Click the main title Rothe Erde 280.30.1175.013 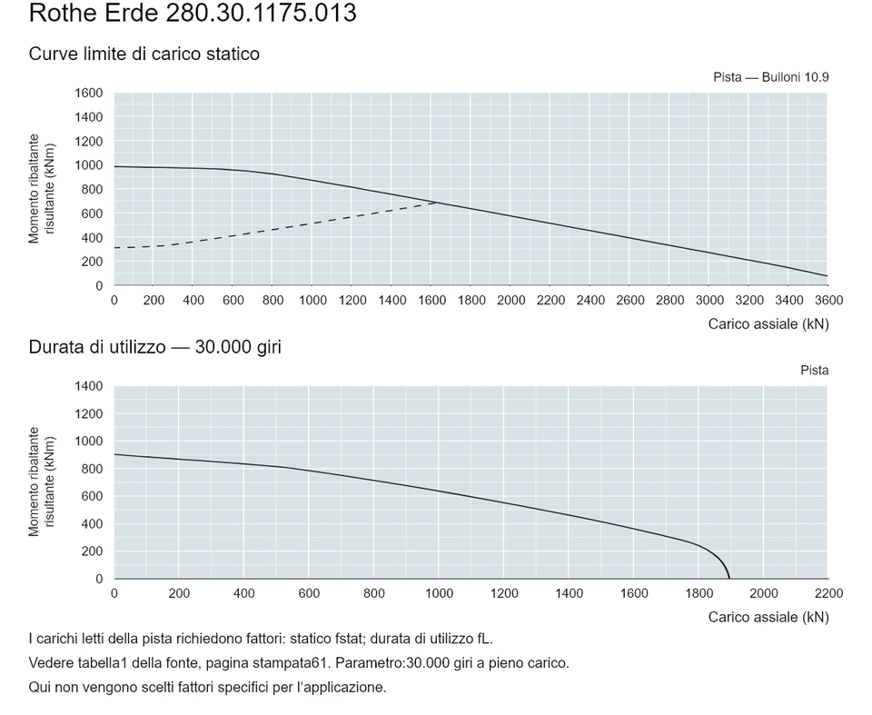coord(193,13)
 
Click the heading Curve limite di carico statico coord(144,54)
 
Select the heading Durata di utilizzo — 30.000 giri coord(155,347)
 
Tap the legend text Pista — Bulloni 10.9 coord(771,77)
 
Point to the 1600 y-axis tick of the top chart coord(89,93)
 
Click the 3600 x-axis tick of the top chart coord(828,301)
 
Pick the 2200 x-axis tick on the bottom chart coord(828,593)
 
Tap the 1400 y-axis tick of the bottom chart coord(89,386)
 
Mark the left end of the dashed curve coord(114,248)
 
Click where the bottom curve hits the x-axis coord(729,579)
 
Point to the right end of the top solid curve coord(827,276)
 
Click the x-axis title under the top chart coord(768,324)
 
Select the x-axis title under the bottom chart coord(768,618)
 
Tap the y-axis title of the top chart coord(42,189)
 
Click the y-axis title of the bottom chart coord(42,482)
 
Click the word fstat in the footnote coord(347,639)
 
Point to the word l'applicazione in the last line coord(342,688)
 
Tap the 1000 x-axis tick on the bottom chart coord(440,593)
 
